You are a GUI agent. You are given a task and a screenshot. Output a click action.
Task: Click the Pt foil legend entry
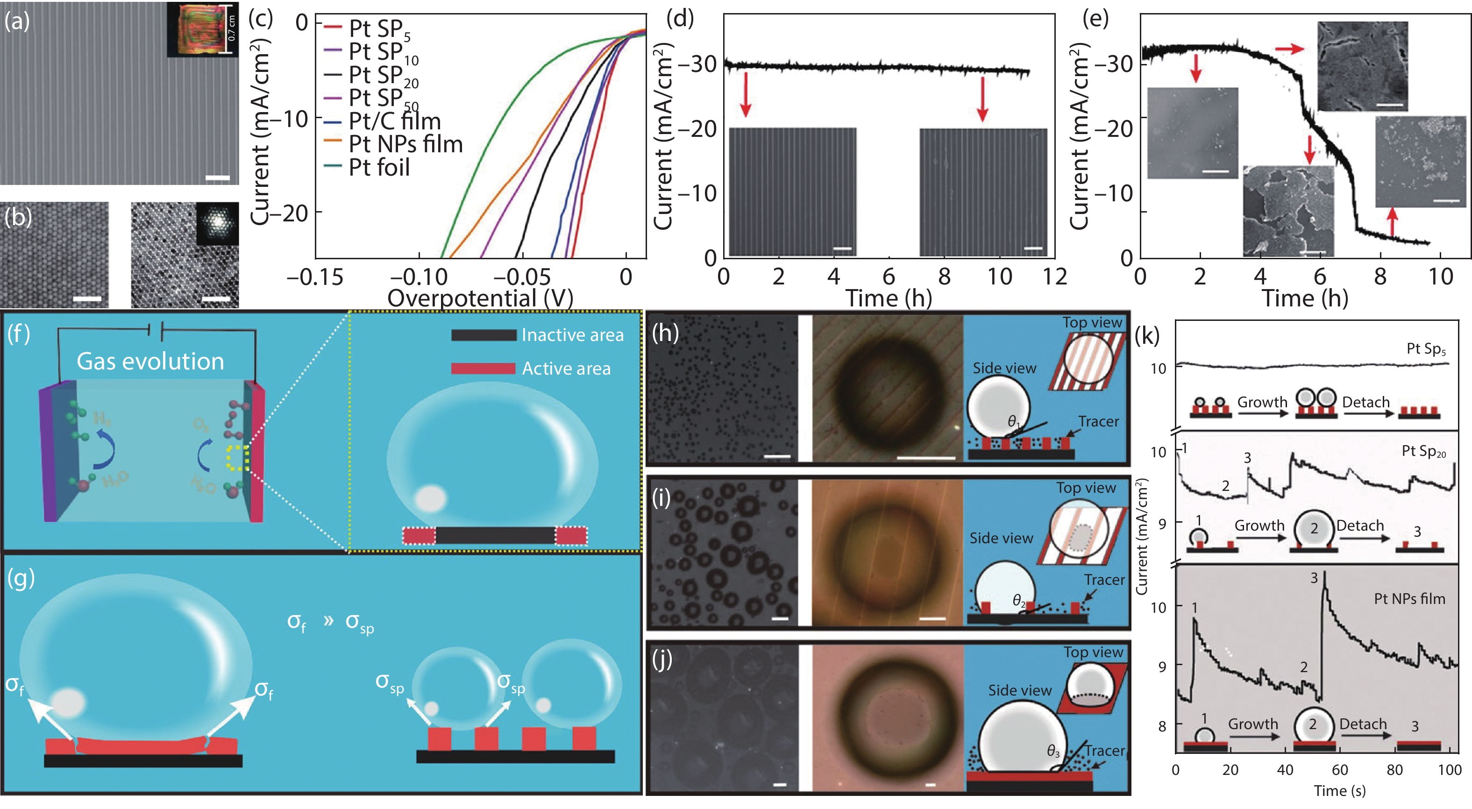pyautogui.click(x=379, y=167)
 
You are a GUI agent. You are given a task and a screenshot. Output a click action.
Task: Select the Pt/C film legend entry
pyautogui.click(x=394, y=121)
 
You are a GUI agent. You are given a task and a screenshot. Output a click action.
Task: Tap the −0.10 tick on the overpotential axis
pyautogui.click(x=419, y=277)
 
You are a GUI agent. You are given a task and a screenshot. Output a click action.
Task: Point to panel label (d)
pyautogui.click(x=680, y=20)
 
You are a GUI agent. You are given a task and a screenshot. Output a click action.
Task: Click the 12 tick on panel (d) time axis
pyautogui.click(x=1054, y=277)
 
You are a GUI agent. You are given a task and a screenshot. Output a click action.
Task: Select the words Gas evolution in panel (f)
pyautogui.click(x=150, y=361)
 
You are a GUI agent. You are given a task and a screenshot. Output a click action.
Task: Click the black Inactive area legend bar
pyautogui.click(x=484, y=335)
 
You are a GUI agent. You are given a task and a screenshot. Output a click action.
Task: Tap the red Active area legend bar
pyautogui.click(x=484, y=369)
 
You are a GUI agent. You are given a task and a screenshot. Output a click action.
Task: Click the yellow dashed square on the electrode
pyautogui.click(x=236, y=458)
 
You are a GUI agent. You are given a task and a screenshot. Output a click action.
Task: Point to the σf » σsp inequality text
pyautogui.click(x=330, y=622)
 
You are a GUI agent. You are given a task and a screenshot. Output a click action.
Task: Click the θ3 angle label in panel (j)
pyautogui.click(x=1052, y=751)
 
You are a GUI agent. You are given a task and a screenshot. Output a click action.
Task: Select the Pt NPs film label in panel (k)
pyautogui.click(x=1409, y=599)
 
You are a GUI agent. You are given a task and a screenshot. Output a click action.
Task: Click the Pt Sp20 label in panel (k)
pyautogui.click(x=1423, y=451)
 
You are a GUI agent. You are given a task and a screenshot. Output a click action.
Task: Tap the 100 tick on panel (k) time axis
pyautogui.click(x=1449, y=770)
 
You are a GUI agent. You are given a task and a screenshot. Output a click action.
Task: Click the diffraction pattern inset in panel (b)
pyautogui.click(x=217, y=223)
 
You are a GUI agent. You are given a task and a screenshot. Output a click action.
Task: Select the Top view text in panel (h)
pyautogui.click(x=1092, y=322)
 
